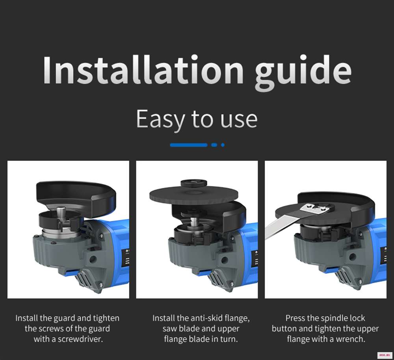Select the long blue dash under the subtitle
189,145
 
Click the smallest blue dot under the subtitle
223,145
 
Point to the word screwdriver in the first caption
80,339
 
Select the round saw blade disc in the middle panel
194,195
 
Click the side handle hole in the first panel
93,258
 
